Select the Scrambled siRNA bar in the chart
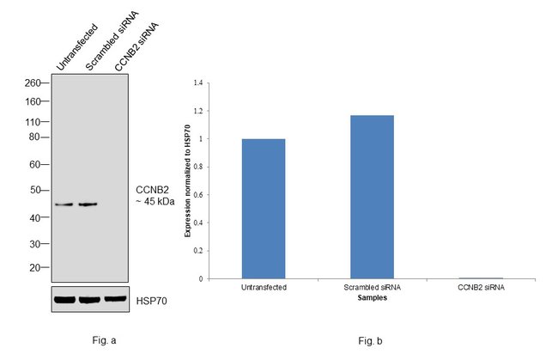coord(372,197)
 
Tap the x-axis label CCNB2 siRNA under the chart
coord(481,287)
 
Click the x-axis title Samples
coord(372,298)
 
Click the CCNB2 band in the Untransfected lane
coord(65,204)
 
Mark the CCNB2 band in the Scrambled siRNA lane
coord(88,204)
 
